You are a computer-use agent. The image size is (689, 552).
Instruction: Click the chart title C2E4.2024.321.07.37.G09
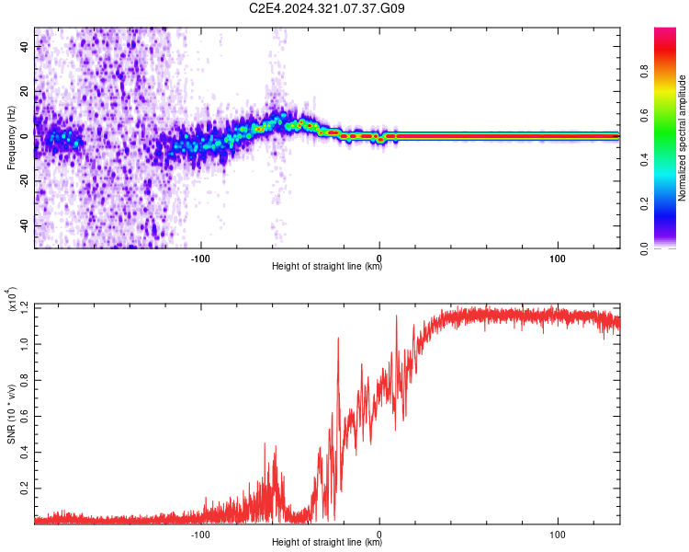pos(328,8)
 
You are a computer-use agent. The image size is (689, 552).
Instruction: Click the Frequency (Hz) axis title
pos(11,139)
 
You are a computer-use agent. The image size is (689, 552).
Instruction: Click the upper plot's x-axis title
pos(327,267)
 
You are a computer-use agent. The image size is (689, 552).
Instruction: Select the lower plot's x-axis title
pos(327,543)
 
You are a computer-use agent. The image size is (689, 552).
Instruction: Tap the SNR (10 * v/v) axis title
pos(11,414)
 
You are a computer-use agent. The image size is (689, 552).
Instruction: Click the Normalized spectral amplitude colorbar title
pos(682,138)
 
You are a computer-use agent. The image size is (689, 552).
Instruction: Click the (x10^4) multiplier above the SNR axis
pos(11,300)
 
